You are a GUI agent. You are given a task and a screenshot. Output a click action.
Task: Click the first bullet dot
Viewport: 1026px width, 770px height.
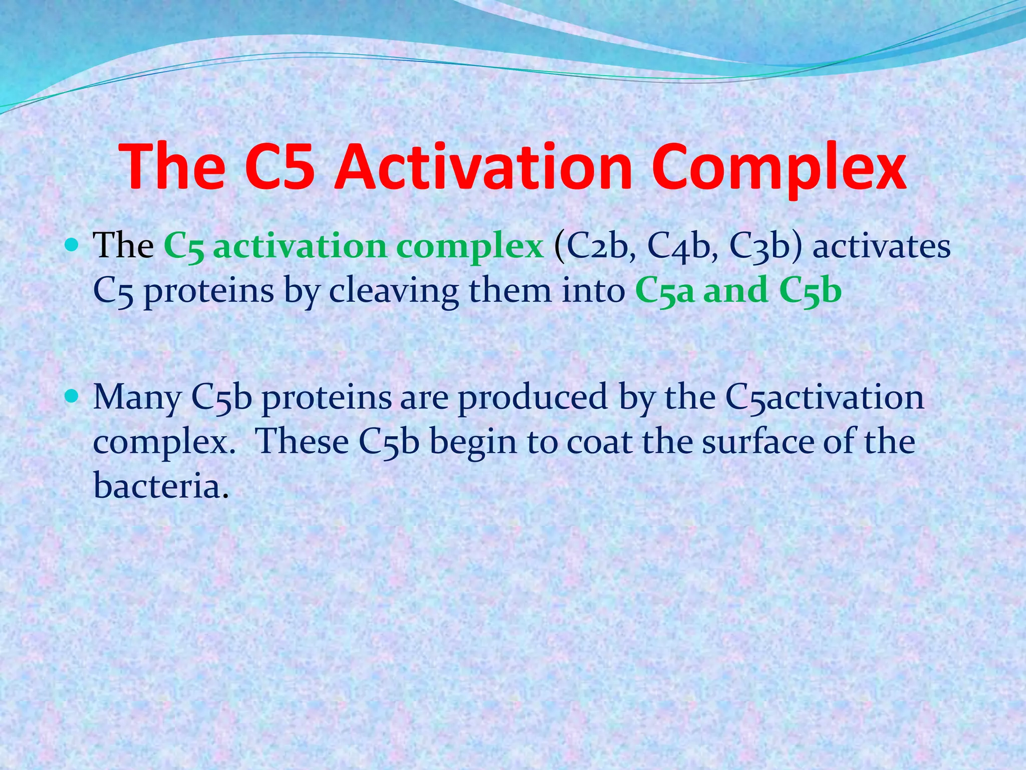pos(72,246)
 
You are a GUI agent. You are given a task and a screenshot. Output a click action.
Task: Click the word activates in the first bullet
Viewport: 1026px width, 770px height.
pos(881,247)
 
